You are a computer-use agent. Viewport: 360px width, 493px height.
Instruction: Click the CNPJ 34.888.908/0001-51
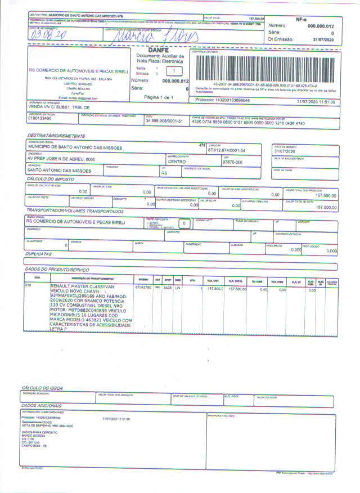click(x=164, y=121)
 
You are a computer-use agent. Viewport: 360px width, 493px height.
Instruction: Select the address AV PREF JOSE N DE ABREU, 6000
click(x=62, y=159)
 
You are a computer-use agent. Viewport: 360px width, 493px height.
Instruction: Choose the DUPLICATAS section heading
click(x=39, y=254)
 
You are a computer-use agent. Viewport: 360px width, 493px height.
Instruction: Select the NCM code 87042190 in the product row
click(x=143, y=288)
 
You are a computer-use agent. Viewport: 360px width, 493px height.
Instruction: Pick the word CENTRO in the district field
click(x=178, y=162)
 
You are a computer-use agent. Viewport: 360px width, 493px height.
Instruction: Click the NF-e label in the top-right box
click(x=301, y=19)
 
